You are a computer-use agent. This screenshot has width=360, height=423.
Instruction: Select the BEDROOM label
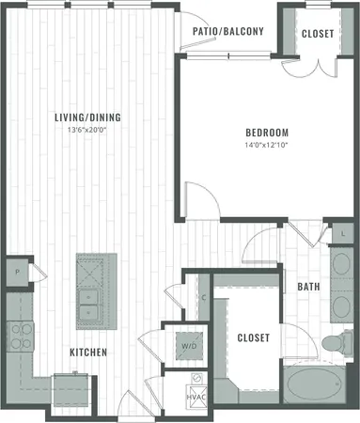click(267, 133)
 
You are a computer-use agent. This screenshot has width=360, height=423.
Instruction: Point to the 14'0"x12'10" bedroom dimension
click(267, 145)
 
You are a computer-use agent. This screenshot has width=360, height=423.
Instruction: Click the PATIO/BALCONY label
click(227, 31)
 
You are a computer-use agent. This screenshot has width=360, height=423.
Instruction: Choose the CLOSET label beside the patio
click(316, 35)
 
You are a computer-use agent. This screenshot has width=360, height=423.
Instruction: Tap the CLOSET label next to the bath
click(253, 337)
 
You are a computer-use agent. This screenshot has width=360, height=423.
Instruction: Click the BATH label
click(308, 286)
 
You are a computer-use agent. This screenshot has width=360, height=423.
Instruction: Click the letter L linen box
click(342, 231)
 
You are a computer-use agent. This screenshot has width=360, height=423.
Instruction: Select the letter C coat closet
click(203, 298)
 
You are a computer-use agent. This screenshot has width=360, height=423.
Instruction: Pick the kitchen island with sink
click(94, 292)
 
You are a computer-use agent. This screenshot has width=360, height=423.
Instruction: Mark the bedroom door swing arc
click(198, 199)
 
